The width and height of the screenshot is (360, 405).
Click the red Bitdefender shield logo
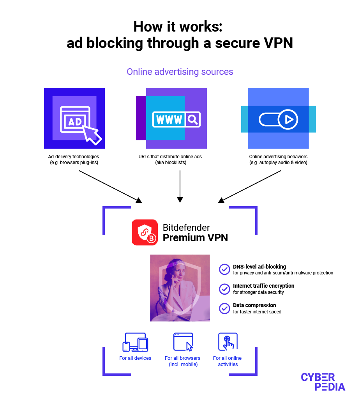145,232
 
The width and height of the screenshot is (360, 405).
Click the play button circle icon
289,119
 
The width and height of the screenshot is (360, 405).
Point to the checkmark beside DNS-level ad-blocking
224,269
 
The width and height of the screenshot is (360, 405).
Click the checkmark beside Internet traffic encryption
224,289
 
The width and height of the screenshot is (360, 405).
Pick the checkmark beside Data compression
224,308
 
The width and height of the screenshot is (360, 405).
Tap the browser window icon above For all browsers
183,342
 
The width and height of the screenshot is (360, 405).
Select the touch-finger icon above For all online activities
228,342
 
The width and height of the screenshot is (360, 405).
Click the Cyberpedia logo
323,382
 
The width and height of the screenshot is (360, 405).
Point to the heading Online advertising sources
180,72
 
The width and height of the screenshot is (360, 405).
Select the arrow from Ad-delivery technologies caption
110,186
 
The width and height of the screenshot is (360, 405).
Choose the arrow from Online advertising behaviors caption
250,186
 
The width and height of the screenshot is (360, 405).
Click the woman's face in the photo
176,275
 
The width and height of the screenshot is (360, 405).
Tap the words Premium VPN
195,237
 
